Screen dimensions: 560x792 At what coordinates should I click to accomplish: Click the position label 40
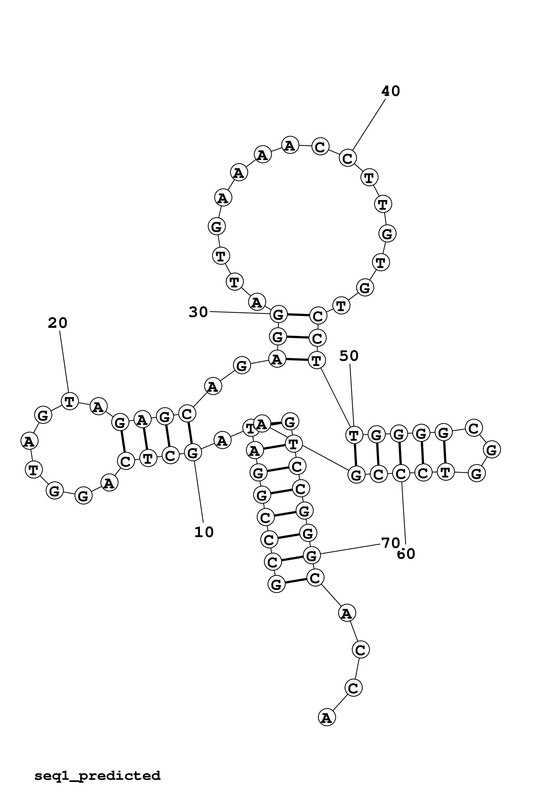point(390,91)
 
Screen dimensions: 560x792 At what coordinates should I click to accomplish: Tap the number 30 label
point(198,312)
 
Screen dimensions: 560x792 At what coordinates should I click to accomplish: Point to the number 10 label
point(204,533)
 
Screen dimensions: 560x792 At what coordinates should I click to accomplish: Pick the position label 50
point(349,356)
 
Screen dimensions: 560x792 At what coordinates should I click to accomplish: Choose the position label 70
point(390,543)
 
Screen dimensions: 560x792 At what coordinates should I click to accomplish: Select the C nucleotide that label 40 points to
point(347,158)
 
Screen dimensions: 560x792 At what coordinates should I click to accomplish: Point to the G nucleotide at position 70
point(312,556)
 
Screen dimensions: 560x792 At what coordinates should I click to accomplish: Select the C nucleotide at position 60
point(401,474)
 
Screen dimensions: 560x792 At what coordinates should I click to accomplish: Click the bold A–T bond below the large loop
point(297,360)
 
